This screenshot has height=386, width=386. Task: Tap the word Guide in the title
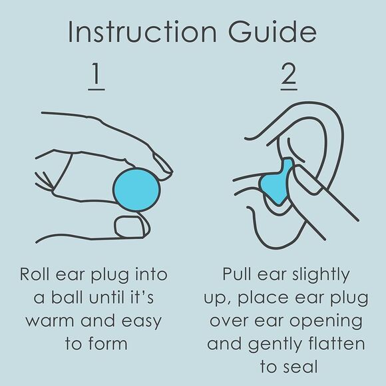click(274, 32)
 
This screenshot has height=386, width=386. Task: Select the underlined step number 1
click(96, 77)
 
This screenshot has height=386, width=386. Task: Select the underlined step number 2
click(288, 77)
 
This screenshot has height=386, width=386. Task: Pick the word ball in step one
click(72, 298)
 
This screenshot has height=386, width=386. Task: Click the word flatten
click(339, 345)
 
